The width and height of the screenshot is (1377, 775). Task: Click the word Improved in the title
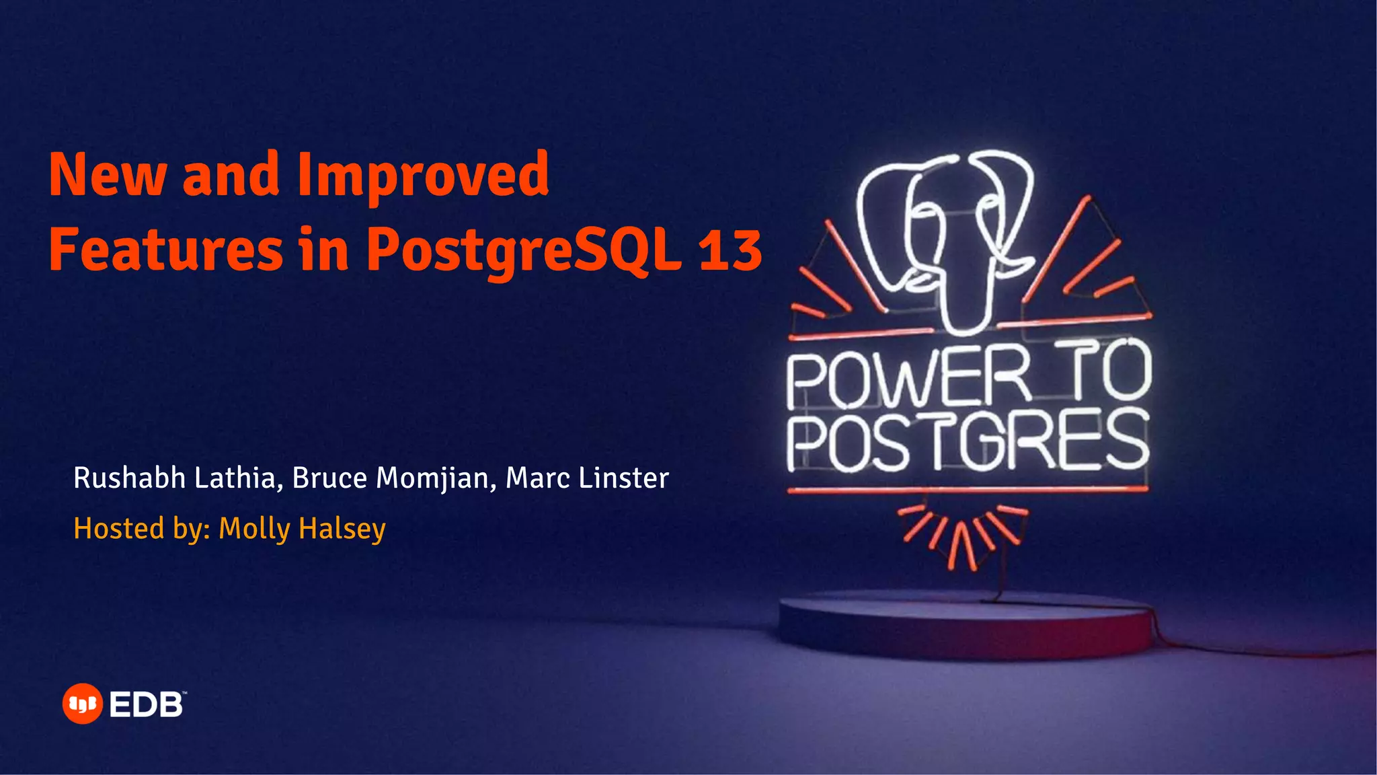tap(423, 175)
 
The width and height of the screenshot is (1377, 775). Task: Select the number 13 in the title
tap(730, 250)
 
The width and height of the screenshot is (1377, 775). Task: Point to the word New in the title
tap(107, 175)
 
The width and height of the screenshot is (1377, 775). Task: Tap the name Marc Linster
tap(587, 478)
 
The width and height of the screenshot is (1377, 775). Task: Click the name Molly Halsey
tap(302, 529)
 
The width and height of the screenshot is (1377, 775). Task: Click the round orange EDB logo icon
tap(82, 704)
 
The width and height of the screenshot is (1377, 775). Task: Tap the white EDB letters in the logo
tap(146, 705)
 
